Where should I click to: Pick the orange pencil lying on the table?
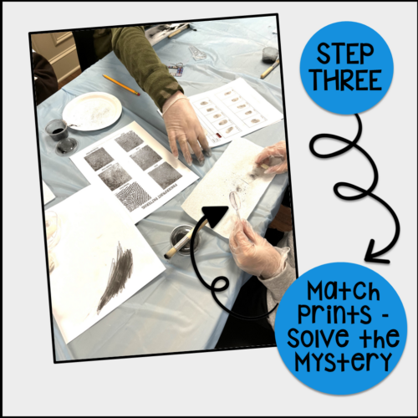click(121, 84)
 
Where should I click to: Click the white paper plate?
click(91, 111)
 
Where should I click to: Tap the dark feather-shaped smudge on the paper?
click(115, 276)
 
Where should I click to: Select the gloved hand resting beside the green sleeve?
click(186, 130)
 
